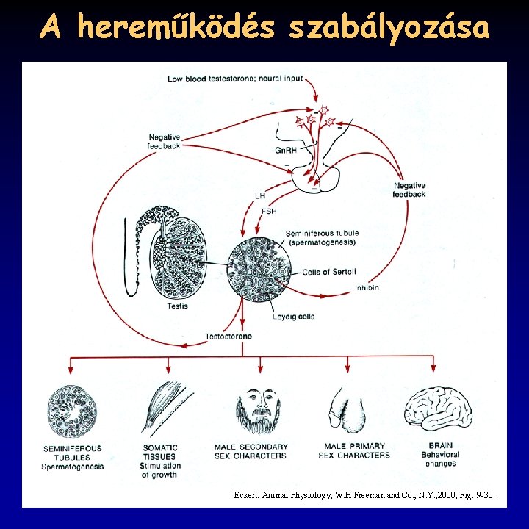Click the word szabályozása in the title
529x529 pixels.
(x=389, y=28)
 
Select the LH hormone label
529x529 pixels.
(x=259, y=196)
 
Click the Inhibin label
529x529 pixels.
(x=367, y=287)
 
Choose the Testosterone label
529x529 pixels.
(x=228, y=336)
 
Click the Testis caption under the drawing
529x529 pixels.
(x=177, y=306)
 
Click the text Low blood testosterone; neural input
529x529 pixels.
(x=235, y=79)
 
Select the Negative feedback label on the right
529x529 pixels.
(x=409, y=190)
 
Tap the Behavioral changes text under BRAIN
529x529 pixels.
(x=439, y=459)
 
